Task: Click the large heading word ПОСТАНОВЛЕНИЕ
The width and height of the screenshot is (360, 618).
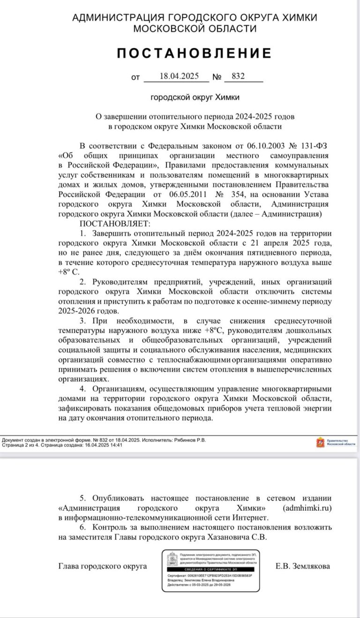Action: pyautogui.click(x=194, y=53)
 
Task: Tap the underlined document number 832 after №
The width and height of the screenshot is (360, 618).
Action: pyautogui.click(x=238, y=76)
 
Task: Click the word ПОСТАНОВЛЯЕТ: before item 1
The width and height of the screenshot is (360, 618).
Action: pyautogui.click(x=115, y=223)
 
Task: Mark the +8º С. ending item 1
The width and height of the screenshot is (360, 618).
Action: pyautogui.click(x=69, y=271)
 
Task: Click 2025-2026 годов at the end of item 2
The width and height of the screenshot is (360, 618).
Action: pyautogui.click(x=86, y=311)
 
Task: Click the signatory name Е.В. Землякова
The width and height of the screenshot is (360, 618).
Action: pyautogui.click(x=303, y=566)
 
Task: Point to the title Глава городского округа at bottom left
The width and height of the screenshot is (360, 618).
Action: pyautogui.click(x=102, y=566)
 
